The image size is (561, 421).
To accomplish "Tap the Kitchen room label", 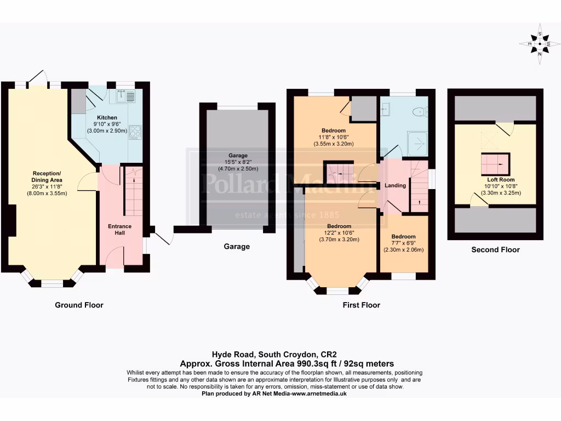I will pos(107,118).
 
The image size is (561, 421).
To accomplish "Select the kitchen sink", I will pos(125,97).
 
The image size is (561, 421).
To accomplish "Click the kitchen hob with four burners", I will pos(135,132).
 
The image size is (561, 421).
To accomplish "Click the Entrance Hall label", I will pos(119,230).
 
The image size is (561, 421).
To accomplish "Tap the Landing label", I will pos(395,185).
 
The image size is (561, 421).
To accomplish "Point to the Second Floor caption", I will pos(495,250).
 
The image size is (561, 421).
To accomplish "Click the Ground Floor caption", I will pos(79,305).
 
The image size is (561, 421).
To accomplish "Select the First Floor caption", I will pos(361,305).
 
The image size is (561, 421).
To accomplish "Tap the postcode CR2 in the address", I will pos(336,354).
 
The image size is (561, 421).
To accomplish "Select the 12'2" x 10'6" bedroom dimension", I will pos(339,233).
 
